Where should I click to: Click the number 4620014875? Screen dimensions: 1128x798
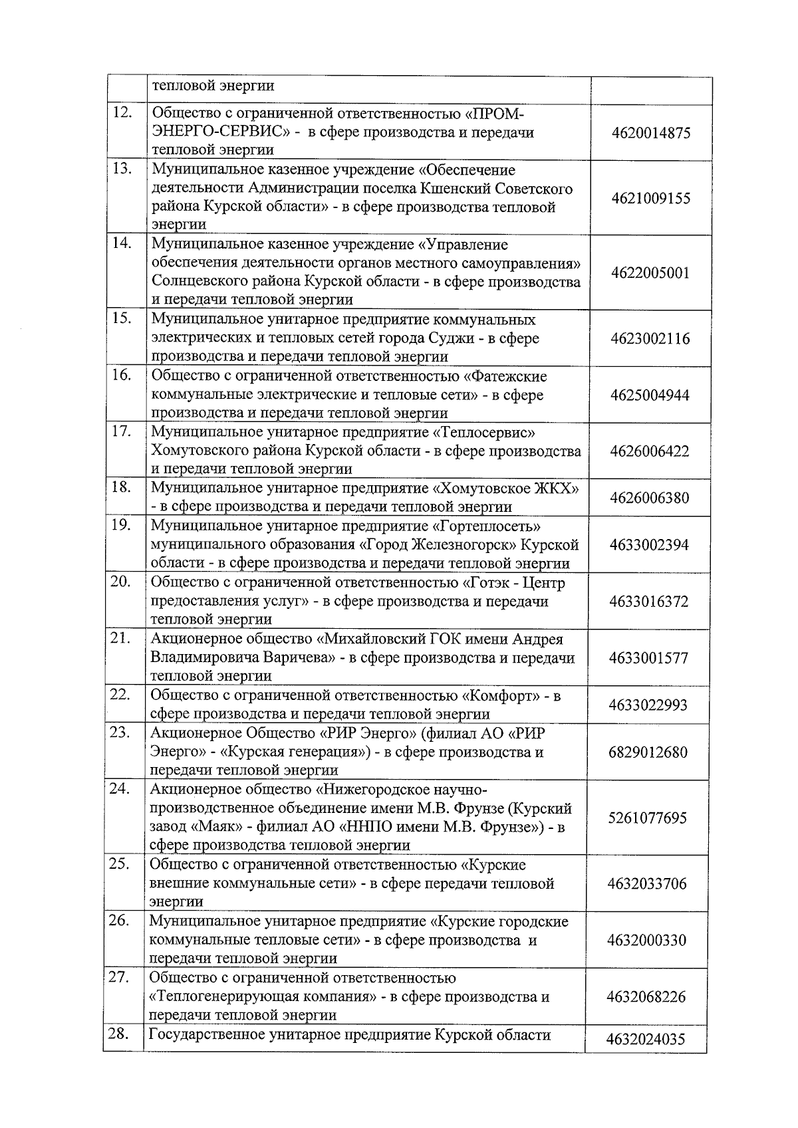click(651, 133)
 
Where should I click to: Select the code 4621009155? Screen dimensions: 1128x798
click(651, 199)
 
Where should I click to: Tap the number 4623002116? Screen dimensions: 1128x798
click(650, 339)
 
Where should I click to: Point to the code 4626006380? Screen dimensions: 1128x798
click(650, 498)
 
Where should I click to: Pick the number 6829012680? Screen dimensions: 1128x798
click(648, 752)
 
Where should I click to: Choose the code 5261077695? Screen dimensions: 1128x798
click(647, 818)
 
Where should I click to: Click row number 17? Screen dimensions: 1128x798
click(121, 431)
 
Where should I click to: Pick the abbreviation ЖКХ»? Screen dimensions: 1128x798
click(556, 489)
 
